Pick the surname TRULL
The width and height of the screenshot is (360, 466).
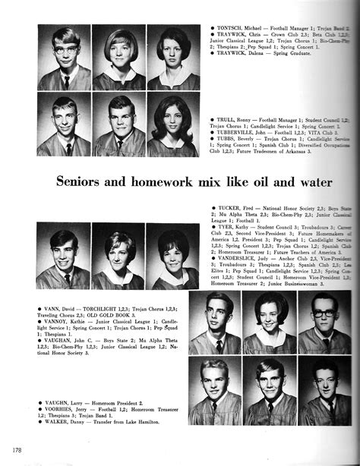click(228, 120)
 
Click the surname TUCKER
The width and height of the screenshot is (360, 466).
click(229, 207)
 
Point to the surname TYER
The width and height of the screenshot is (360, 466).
click(226, 226)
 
